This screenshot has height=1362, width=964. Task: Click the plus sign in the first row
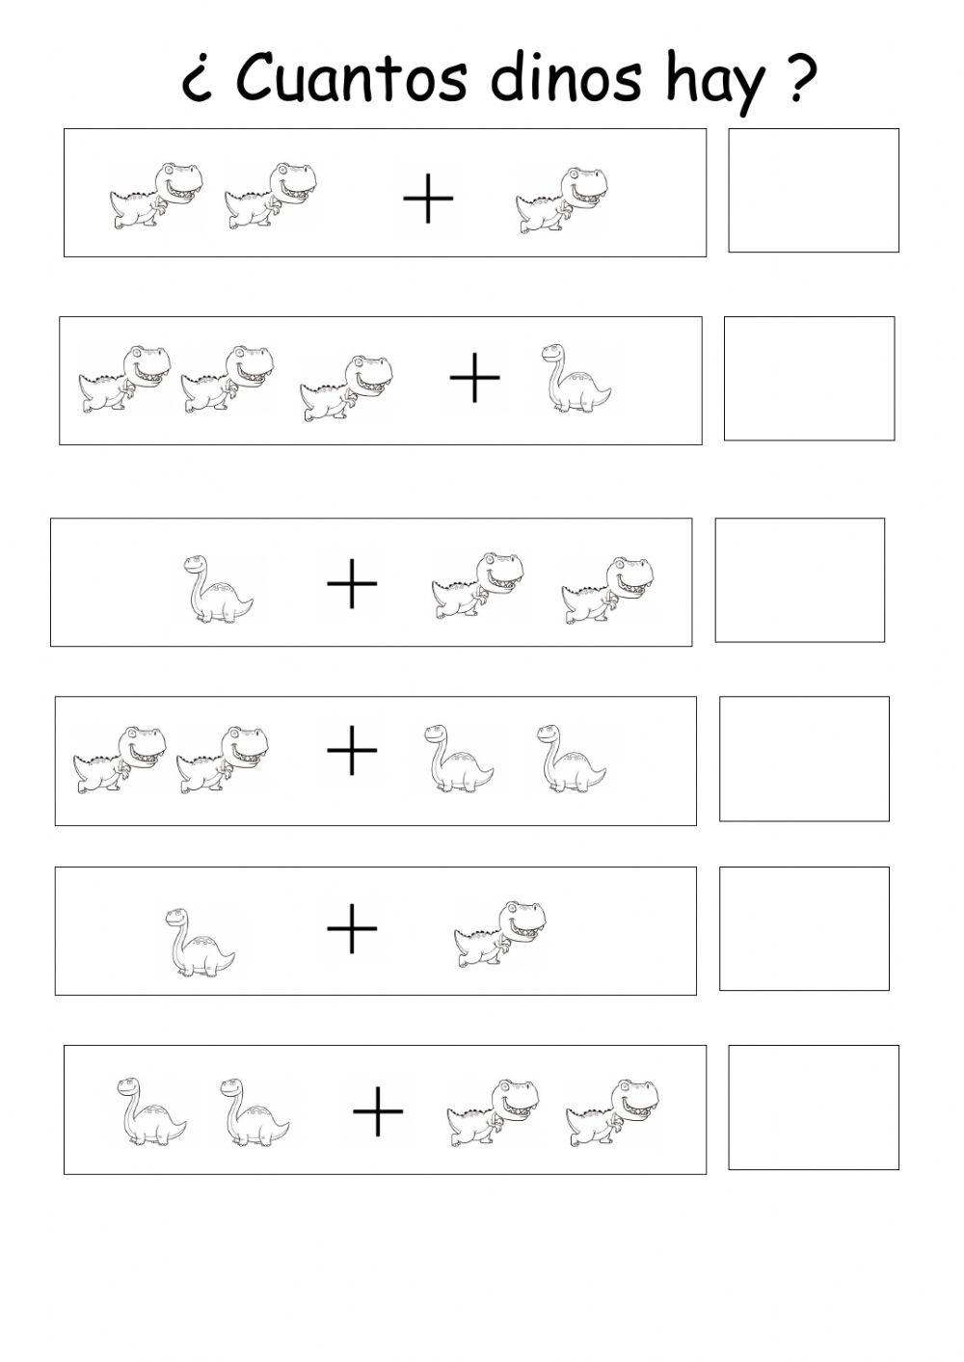point(428,200)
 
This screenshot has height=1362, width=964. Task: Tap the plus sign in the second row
point(475,378)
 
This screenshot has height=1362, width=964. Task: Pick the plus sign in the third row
point(352,584)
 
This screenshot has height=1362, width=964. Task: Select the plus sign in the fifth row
point(352,929)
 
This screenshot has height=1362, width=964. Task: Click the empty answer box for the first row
point(813,190)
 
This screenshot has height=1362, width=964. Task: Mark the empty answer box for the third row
point(799,579)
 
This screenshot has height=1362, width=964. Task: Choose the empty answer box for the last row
point(813,1107)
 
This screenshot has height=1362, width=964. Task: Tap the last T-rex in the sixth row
point(612,1111)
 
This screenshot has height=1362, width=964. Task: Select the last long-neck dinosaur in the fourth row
point(571,759)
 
